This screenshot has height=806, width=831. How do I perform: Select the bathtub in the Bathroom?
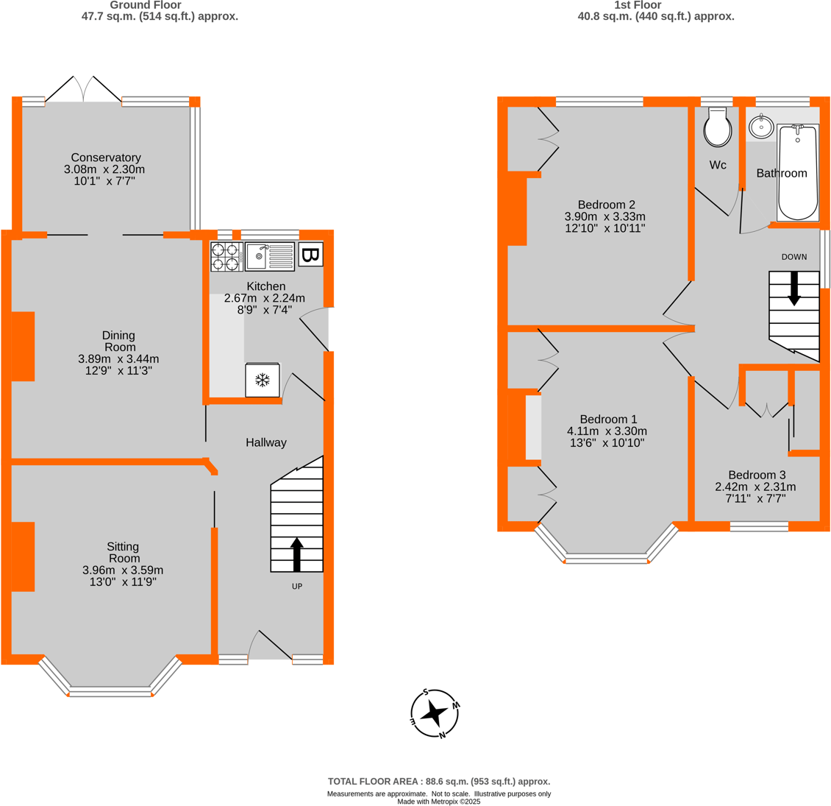[x=797, y=172]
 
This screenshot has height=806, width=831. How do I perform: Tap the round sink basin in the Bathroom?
[x=760, y=127]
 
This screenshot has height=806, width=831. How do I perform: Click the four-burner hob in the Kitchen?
[x=227, y=257]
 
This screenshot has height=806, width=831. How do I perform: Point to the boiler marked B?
[x=310, y=255]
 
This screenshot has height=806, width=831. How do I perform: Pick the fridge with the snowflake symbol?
[x=262, y=380]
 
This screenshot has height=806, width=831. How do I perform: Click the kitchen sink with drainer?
[x=269, y=257]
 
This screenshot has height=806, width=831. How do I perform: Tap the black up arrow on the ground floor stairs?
[x=297, y=554]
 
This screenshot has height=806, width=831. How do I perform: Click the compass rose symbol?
[x=435, y=713]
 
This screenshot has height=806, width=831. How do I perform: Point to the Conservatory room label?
[x=106, y=158]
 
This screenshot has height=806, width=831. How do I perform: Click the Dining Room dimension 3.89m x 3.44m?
[x=118, y=359]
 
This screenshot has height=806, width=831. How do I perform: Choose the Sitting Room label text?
[x=123, y=552]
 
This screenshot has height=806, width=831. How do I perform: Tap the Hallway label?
[x=266, y=442]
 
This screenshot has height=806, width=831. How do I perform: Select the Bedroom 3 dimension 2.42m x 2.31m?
[x=755, y=487]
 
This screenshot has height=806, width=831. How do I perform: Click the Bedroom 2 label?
[x=606, y=205]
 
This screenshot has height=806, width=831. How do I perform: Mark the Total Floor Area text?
[x=438, y=782]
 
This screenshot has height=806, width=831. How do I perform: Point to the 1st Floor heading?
[x=638, y=5]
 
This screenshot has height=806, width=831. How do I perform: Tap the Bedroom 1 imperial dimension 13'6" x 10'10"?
[x=607, y=443]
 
